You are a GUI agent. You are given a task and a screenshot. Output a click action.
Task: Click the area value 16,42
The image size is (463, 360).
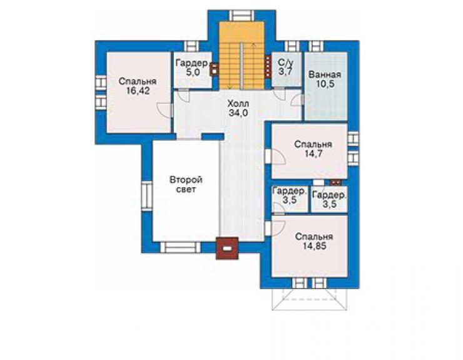(138, 91)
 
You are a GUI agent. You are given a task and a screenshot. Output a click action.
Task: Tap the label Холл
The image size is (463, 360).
(238, 104)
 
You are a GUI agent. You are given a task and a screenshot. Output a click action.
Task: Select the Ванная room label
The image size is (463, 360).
(325, 75)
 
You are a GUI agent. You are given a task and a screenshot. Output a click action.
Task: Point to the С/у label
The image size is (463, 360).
(286, 63)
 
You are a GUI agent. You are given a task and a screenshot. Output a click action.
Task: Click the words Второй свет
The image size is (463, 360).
(186, 185)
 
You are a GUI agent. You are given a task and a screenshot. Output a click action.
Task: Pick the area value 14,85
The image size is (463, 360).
(315, 246)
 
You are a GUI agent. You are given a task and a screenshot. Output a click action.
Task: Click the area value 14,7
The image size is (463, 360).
(313, 153)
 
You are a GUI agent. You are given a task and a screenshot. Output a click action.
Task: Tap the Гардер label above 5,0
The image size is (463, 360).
(192, 63)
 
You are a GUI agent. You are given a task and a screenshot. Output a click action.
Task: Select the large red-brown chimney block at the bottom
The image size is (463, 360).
(226, 249)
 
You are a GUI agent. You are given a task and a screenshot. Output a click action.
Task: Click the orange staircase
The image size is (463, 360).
(242, 55)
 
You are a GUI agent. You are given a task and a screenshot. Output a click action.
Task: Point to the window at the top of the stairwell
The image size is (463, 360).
(242, 16)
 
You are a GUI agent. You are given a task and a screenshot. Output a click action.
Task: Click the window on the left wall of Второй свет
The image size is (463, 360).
(147, 196)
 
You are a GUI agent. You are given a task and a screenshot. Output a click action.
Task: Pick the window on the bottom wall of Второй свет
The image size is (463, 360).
(180, 247)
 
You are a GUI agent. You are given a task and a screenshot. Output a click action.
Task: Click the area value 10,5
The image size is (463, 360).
(325, 84)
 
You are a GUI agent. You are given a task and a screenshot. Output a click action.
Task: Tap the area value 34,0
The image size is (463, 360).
(238, 113)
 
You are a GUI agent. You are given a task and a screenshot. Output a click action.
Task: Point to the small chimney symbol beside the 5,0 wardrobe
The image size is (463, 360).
(213, 69)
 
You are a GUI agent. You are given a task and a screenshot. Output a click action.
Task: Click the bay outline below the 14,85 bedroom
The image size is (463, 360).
(309, 310)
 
